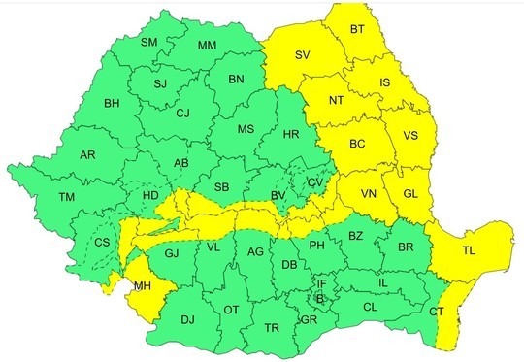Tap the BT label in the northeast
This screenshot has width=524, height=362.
[358, 32]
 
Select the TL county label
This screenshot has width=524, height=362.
[470, 251]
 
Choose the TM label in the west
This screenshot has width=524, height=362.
[66, 197]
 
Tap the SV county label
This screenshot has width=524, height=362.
[304, 55]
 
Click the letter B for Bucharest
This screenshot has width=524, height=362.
[320, 298]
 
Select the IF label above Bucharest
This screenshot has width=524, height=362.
[323, 283]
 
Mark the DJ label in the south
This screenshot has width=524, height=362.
[188, 319]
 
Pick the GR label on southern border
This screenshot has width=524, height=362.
[310, 320]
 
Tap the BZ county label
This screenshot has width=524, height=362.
[355, 236]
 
